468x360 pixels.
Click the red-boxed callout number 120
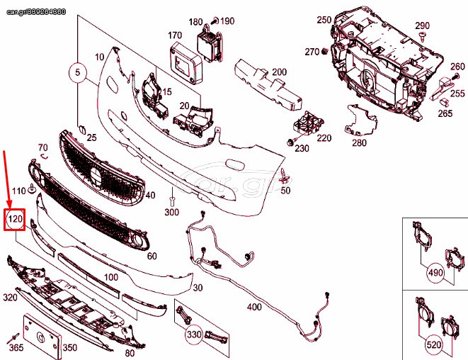(x=14, y=220)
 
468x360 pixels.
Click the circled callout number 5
(x=78, y=72)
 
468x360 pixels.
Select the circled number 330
(x=194, y=334)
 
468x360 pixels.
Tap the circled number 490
(x=435, y=272)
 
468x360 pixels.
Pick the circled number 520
(x=433, y=345)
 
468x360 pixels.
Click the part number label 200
(x=280, y=72)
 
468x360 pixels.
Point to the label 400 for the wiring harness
(x=254, y=307)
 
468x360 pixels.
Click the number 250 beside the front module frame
(x=324, y=20)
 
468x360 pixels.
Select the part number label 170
(x=175, y=35)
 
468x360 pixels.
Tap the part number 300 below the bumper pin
(x=172, y=212)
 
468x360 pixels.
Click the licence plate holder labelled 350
(x=42, y=337)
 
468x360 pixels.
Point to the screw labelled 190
(x=215, y=21)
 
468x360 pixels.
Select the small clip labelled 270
(x=325, y=52)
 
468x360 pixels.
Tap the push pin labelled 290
(x=422, y=36)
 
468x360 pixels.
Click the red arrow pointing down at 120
(x=7, y=179)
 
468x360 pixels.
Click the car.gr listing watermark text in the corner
(x=36, y=12)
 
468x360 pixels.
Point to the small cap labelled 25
(x=81, y=130)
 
